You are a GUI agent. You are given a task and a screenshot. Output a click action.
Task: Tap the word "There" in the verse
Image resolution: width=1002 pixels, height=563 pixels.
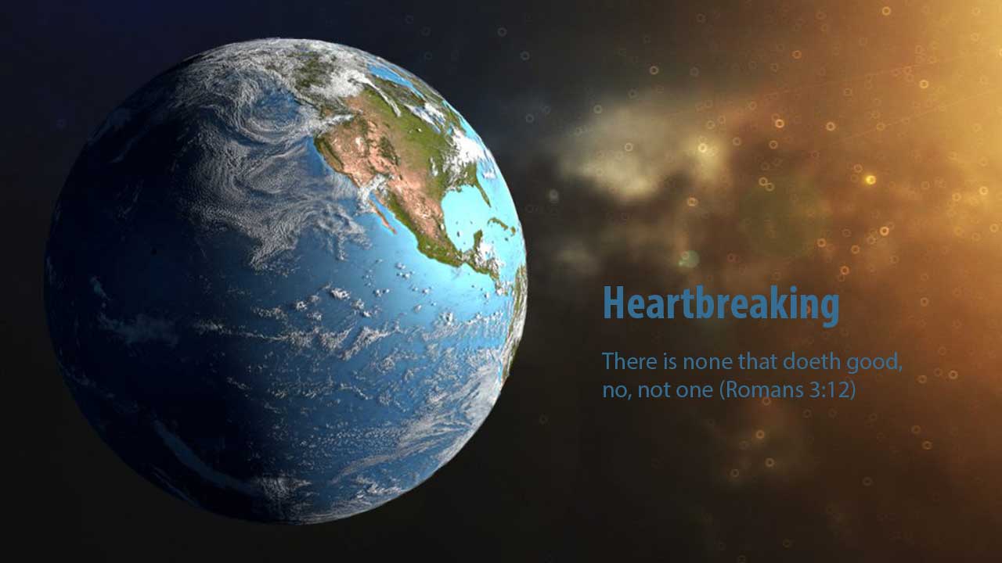click(629, 361)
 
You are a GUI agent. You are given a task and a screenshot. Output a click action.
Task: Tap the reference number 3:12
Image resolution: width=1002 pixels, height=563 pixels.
click(829, 390)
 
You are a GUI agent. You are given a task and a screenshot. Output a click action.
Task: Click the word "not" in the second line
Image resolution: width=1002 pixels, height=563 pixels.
click(654, 390)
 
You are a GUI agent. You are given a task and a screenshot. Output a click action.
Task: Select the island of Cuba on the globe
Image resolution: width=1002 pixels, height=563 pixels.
click(501, 224)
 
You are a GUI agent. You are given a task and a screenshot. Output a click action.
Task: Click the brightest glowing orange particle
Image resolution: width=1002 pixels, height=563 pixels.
click(870, 180)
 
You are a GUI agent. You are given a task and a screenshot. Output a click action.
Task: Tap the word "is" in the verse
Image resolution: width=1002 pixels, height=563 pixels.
click(669, 361)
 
